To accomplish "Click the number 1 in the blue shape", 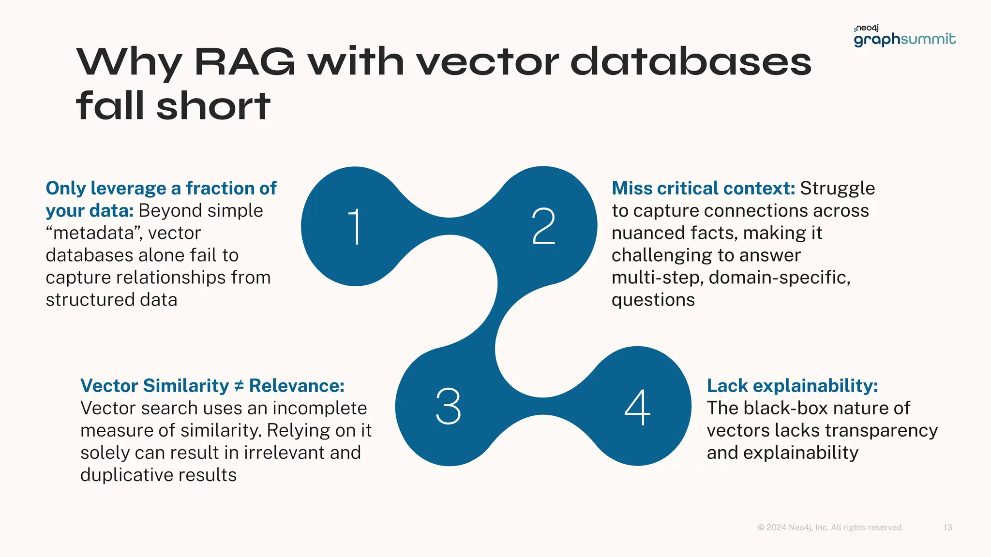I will point(355,226).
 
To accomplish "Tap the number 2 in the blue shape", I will point(543,226).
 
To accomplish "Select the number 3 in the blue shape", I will point(448,406).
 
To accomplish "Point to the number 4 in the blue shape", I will point(637,407).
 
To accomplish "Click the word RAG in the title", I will point(244,62).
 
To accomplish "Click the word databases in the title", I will point(691,62).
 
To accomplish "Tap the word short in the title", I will point(213,106).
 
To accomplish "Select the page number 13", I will point(947,528).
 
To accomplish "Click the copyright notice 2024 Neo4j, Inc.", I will point(830,528).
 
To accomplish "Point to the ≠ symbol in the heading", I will point(239,386).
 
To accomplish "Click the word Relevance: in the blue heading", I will point(297,386).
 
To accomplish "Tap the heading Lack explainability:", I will point(792,386).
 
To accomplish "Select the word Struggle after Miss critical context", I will point(837,188).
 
